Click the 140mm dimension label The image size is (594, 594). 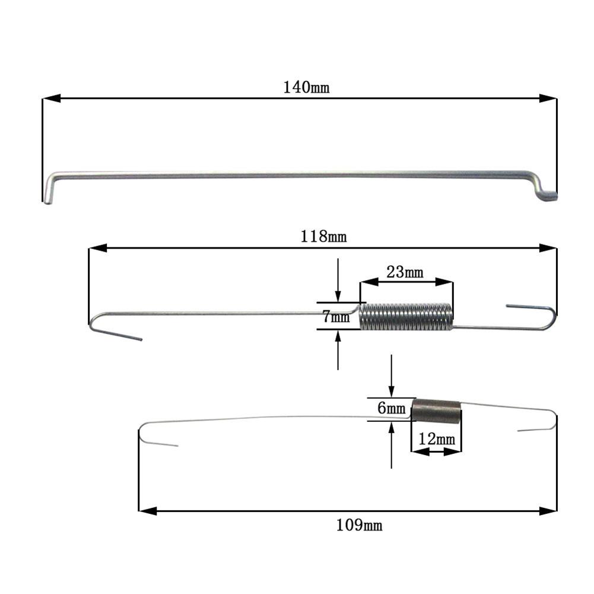click(x=306, y=87)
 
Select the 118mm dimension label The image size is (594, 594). click(x=323, y=236)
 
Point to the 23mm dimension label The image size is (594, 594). click(x=405, y=272)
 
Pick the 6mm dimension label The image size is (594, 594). click(x=392, y=408)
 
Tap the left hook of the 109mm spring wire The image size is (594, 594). click(x=148, y=436)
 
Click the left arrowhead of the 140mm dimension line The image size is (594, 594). click(x=51, y=99)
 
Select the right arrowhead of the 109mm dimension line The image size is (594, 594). click(x=548, y=510)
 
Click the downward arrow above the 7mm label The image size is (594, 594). click(x=338, y=296)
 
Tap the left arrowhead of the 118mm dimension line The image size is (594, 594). click(x=97, y=248)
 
